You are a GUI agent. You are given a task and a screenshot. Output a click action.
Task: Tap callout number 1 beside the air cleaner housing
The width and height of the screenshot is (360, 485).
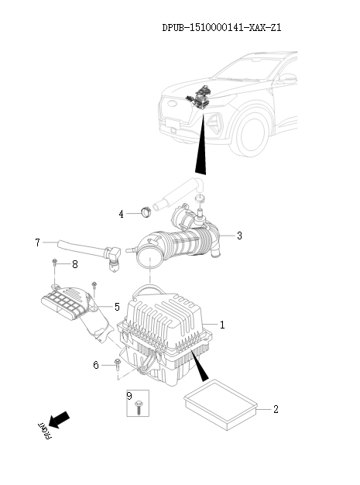pos(223,325)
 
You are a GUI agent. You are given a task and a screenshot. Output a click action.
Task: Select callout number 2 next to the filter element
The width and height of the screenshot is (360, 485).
pos(275,408)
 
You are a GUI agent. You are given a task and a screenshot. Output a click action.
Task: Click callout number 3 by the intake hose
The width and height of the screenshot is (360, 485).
pos(240,236)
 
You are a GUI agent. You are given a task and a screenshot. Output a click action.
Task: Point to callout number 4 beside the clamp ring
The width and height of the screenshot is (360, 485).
pos(122,213)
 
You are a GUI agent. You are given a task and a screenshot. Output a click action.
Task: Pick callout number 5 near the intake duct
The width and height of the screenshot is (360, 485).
pos(117,307)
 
